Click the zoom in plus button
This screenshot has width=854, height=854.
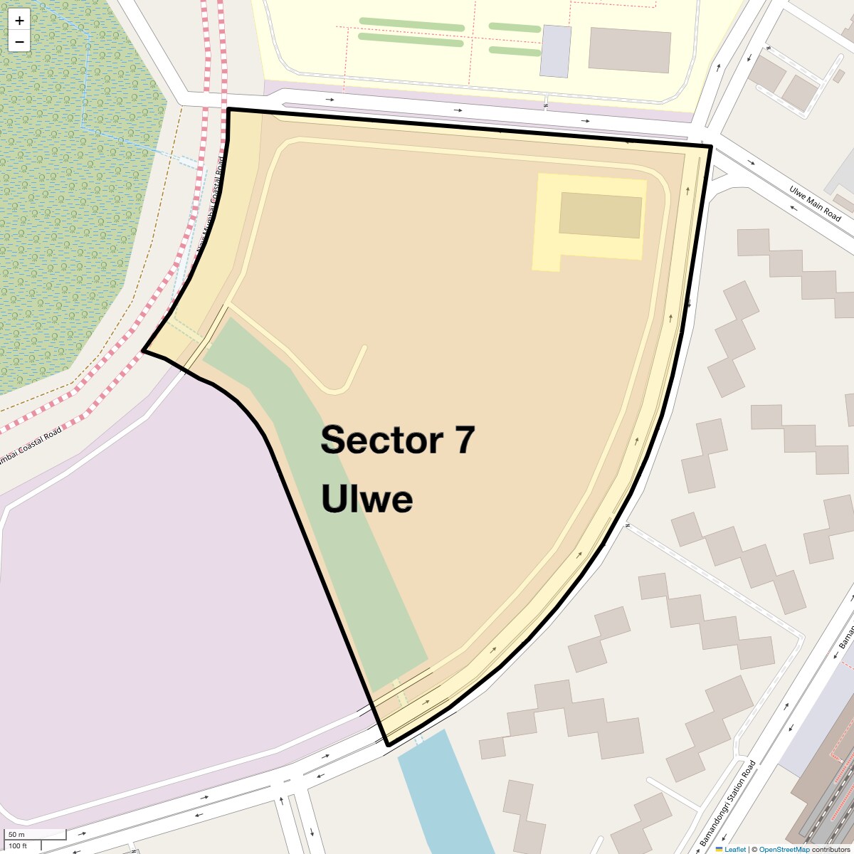(x=19, y=21)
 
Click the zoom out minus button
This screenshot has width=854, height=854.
(x=19, y=41)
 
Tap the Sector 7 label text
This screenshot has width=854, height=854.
(x=397, y=440)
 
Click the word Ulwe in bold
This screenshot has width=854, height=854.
(x=367, y=498)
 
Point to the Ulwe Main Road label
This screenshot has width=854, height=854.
(x=815, y=203)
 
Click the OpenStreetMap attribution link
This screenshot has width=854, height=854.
(x=784, y=849)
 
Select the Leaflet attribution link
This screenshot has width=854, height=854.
(x=735, y=849)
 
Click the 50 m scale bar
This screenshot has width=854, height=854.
(x=36, y=835)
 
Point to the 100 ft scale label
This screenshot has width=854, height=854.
(x=18, y=846)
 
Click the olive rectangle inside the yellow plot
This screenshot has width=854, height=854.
(x=600, y=214)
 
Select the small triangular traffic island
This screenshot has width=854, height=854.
(x=718, y=172)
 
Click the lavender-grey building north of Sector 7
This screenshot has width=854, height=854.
(x=555, y=51)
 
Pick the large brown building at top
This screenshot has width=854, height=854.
(x=630, y=50)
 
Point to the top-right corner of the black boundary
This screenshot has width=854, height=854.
(x=711, y=146)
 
